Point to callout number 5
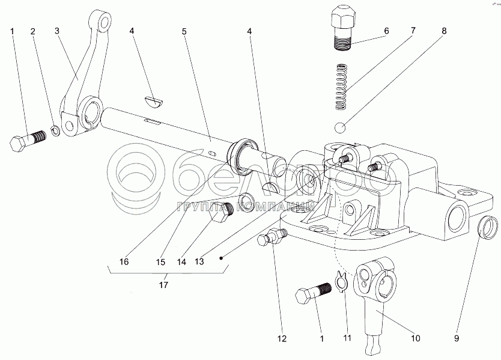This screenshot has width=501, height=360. coord(185,30)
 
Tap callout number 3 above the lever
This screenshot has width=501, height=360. coord(57,30)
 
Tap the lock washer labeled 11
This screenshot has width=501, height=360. coord(342,281)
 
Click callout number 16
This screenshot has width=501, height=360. coord(124,261)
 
